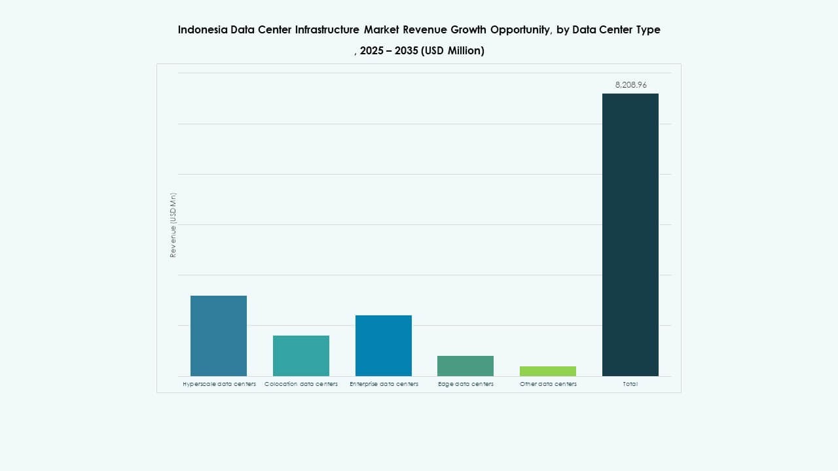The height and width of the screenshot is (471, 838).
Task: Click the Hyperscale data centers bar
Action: coord(219,336)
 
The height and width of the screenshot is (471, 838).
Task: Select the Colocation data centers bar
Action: coord(301,355)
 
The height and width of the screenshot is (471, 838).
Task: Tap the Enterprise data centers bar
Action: coord(384,345)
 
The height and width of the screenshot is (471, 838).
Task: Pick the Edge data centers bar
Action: coord(465,366)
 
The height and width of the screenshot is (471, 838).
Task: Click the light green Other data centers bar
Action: coord(548,371)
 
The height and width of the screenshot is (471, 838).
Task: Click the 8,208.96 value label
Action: coord(630,85)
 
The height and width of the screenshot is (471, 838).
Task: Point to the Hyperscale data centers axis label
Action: coord(219,384)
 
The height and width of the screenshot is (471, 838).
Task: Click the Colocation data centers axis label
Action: coord(301,384)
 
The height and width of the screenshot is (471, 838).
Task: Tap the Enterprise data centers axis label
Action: coord(384,384)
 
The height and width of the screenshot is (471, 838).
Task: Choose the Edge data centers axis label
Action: coord(465,384)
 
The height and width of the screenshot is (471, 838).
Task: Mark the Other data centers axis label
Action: coord(548,384)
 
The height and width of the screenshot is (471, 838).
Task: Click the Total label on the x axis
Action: coord(630,384)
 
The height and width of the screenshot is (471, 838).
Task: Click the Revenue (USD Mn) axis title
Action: coord(173,225)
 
